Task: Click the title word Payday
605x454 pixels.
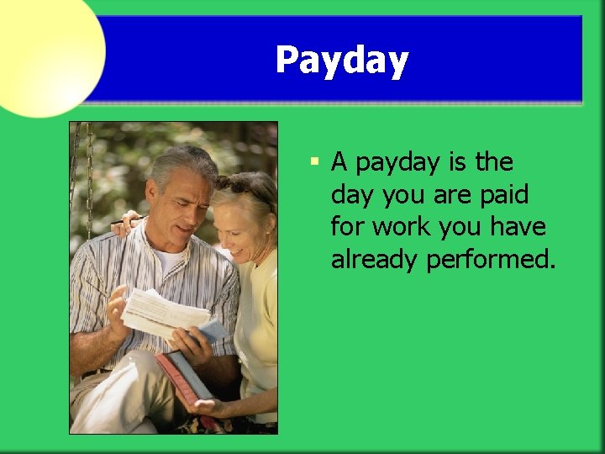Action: (x=342, y=61)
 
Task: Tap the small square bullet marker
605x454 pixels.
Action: (x=313, y=161)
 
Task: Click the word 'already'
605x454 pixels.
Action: (x=374, y=261)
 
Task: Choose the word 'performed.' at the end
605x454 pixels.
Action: (x=491, y=261)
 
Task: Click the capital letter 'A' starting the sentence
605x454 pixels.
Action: (x=340, y=161)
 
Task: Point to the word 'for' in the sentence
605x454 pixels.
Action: (x=347, y=227)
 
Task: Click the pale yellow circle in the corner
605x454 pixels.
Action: (x=46, y=50)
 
